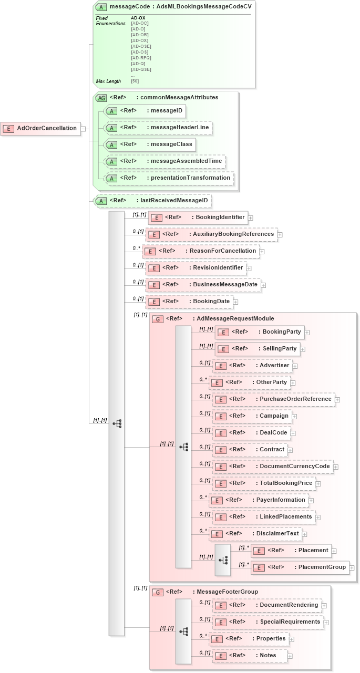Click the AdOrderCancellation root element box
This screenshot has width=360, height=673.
tap(42, 128)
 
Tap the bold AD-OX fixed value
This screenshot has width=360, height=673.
tap(138, 18)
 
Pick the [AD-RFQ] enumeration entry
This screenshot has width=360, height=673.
tap(141, 58)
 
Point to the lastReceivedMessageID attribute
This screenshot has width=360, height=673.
tap(152, 200)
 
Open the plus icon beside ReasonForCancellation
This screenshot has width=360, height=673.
tap(262, 252)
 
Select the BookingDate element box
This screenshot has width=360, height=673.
tap(190, 302)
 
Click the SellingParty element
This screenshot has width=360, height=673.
tap(258, 348)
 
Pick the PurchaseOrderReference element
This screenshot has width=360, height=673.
tap(273, 399)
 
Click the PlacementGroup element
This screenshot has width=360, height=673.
tap(300, 567)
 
